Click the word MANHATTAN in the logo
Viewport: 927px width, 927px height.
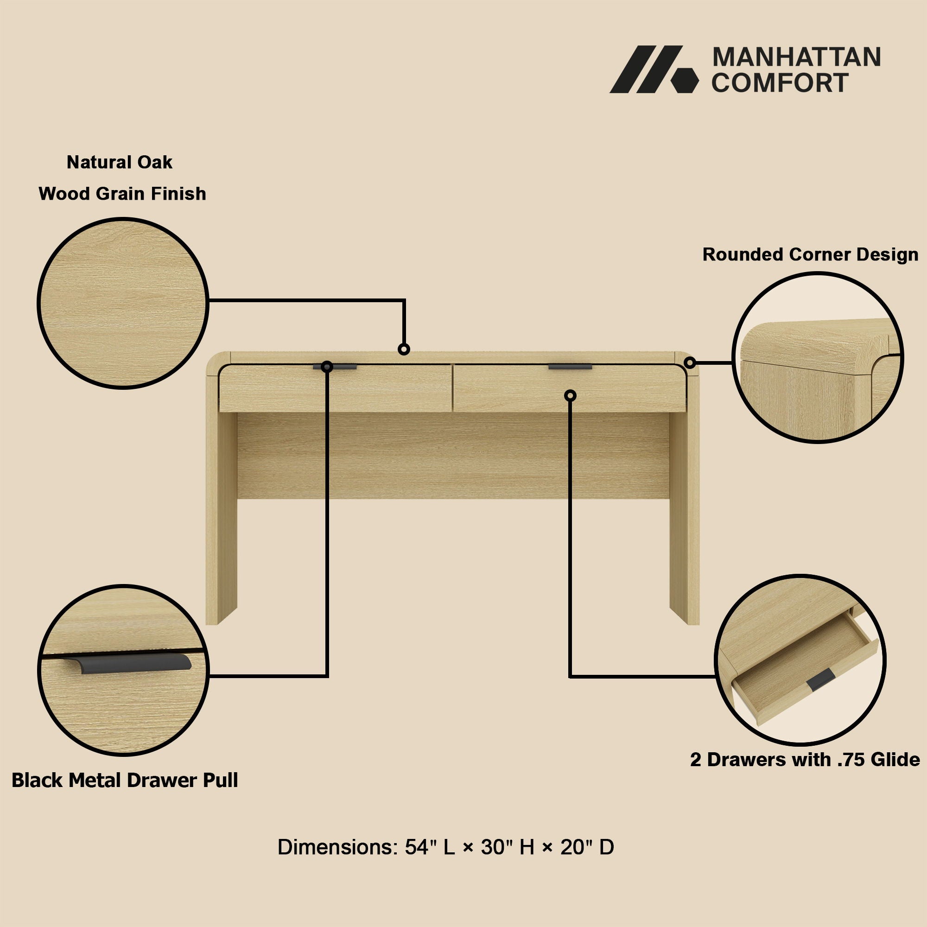[x=796, y=57]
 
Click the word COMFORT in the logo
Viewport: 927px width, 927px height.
[x=780, y=83]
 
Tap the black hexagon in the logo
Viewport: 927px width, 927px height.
[x=685, y=80]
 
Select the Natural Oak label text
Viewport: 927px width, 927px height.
[x=120, y=162]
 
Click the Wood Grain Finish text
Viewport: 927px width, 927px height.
[x=122, y=193]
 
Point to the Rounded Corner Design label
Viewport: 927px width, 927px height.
[x=810, y=254]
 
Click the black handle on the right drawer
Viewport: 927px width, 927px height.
[x=570, y=367]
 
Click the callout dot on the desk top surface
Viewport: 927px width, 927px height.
[x=404, y=349]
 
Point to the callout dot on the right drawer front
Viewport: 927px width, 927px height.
[x=570, y=395]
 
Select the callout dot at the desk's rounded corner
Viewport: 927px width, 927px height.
[x=690, y=363]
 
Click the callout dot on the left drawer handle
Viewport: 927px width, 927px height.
[x=327, y=367]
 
